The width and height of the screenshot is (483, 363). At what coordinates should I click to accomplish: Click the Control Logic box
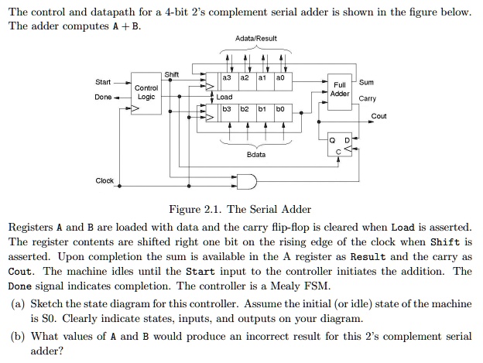pyautogui.click(x=146, y=93)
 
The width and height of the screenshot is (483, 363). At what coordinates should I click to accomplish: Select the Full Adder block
pyautogui.click(x=340, y=89)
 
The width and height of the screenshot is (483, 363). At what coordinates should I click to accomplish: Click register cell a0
pyautogui.click(x=280, y=78)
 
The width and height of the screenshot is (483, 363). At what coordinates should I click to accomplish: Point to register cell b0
pyautogui.click(x=280, y=110)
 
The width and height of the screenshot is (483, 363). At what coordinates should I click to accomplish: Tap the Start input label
pyautogui.click(x=102, y=82)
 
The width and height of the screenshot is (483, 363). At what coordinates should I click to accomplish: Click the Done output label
pyautogui.click(x=102, y=98)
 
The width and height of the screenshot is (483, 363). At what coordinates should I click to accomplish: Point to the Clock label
pyautogui.click(x=104, y=180)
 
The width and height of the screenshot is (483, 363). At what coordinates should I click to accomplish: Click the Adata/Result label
pyautogui.click(x=255, y=38)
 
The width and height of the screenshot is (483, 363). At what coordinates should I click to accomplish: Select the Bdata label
pyautogui.click(x=255, y=155)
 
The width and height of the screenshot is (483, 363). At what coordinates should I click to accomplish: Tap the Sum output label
pyautogui.click(x=366, y=82)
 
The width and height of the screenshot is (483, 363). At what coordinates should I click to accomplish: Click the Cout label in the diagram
pyautogui.click(x=379, y=116)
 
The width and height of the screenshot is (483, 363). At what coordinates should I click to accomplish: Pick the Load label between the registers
pyautogui.click(x=224, y=98)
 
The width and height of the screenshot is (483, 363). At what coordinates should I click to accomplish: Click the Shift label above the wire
pyautogui.click(x=172, y=74)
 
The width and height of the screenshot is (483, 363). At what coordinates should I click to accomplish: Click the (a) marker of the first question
pyautogui.click(x=16, y=304)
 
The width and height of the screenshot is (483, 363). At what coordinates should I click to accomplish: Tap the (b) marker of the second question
pyautogui.click(x=16, y=337)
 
